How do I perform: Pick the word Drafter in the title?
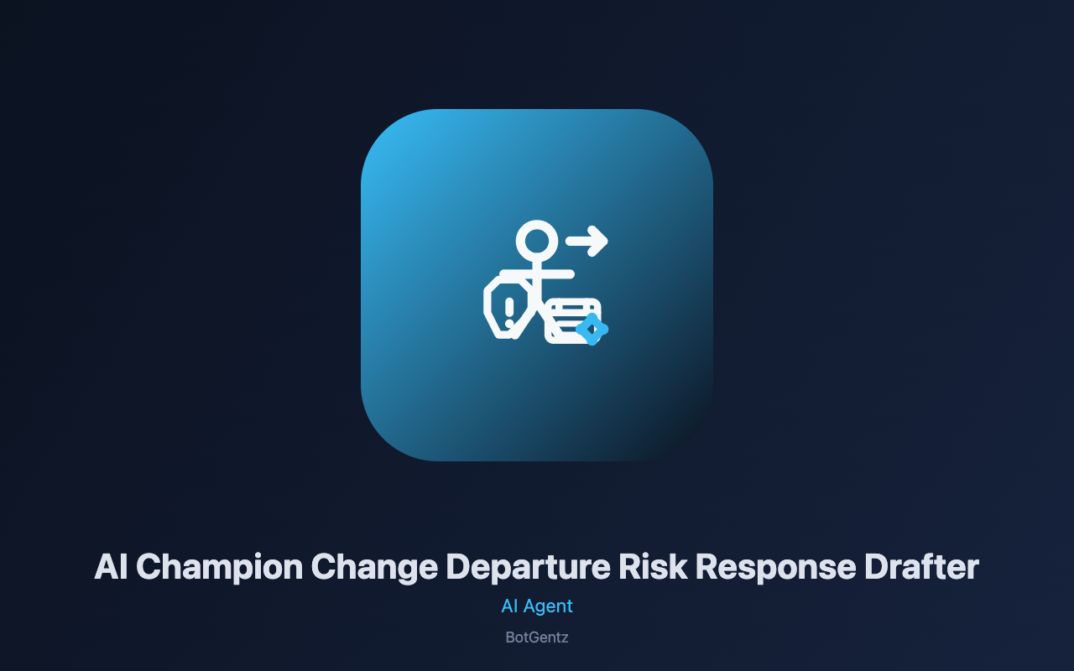point(921,566)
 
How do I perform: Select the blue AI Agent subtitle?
point(537,606)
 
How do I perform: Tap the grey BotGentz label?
point(537,637)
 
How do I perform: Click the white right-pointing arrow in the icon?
point(587,241)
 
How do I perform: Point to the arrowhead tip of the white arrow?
point(607,241)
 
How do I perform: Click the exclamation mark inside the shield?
point(509,312)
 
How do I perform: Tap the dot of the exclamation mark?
point(509,324)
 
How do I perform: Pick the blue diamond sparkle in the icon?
point(592,330)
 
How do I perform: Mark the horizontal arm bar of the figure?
point(537,274)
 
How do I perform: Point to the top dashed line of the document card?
point(573,307)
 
